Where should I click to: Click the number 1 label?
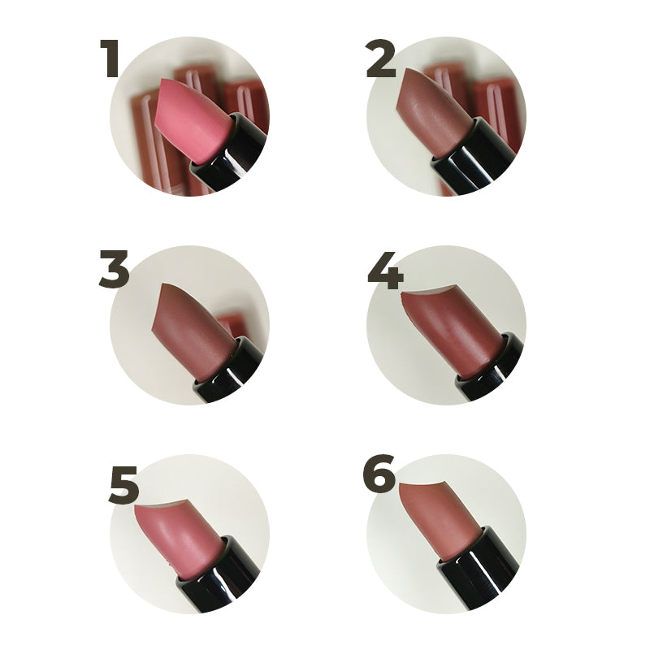tap(110, 58)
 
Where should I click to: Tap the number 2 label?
tap(381, 58)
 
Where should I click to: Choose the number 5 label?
tap(123, 484)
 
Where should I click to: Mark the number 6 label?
tap(379, 474)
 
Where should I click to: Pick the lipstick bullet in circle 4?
tap(452, 331)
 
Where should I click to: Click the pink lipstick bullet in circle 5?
tap(178, 539)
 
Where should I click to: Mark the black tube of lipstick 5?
tap(219, 574)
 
